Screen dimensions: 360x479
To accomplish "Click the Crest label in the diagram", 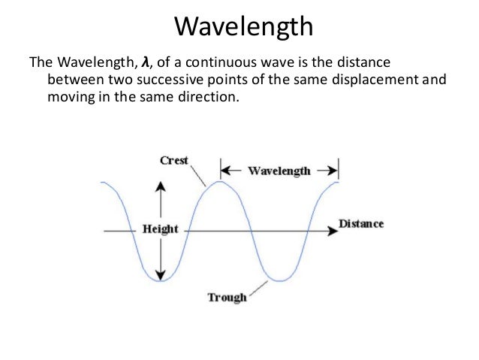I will click(x=174, y=160).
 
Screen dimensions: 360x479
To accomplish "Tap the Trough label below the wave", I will click(x=227, y=298).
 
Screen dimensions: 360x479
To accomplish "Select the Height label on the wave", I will click(x=161, y=229).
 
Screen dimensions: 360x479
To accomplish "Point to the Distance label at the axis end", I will click(x=361, y=224).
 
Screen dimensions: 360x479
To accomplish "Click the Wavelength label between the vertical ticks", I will click(x=279, y=171).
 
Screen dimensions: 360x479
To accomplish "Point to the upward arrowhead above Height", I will click(x=159, y=185).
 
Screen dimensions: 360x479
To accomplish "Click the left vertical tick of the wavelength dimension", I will click(x=220, y=168).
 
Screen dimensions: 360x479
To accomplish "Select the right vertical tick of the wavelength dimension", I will click(x=338, y=168).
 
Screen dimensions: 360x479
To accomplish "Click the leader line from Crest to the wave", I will click(x=199, y=175).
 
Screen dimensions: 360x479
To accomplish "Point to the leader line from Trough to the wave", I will click(x=258, y=288).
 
